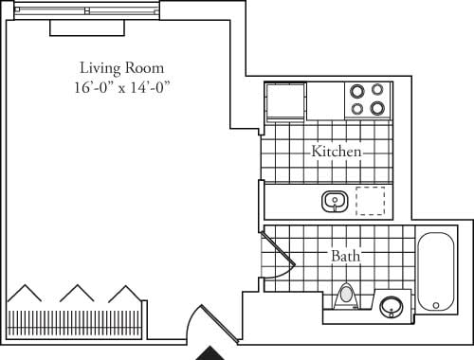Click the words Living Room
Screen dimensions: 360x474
click(x=121, y=68)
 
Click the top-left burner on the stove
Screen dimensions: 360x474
click(x=357, y=92)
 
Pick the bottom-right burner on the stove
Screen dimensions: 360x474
click(x=377, y=108)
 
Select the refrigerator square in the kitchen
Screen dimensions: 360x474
click(x=285, y=100)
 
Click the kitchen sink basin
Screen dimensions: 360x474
click(x=333, y=201)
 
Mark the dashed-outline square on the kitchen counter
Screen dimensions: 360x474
click(x=371, y=201)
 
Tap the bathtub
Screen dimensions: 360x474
click(x=436, y=271)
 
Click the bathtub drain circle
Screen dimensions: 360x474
click(x=436, y=304)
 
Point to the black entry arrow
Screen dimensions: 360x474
click(x=212, y=354)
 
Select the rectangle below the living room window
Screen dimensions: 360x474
click(x=87, y=28)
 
